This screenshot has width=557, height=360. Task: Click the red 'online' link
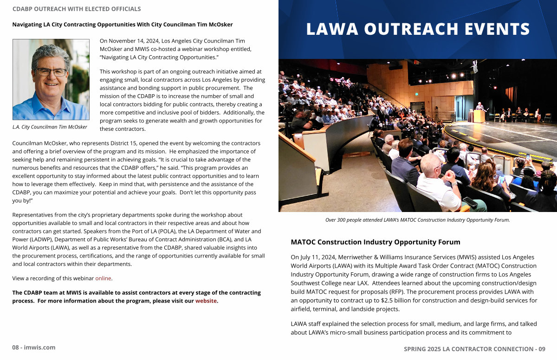pos(103,278)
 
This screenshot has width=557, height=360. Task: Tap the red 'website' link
pos(206,301)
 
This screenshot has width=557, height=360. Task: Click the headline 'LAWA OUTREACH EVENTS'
pos(418,29)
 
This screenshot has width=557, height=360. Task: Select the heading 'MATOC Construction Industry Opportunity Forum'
pos(376,242)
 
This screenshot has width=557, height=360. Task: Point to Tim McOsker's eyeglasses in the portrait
pos(51,72)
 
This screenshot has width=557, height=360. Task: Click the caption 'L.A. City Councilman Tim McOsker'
pos(50,127)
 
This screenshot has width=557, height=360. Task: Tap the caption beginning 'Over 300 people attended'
pos(417,220)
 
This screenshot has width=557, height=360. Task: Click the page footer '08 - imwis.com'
pos(33,347)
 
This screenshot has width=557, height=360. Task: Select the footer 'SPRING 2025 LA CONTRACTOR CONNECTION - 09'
pos(474,349)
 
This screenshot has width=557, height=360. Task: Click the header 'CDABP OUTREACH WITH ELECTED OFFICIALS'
pos(77,9)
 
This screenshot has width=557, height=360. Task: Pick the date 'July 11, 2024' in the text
pos(322,257)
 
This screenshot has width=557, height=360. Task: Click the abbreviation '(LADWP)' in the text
pos(31,239)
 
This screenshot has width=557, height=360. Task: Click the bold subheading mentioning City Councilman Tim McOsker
pos(123,25)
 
